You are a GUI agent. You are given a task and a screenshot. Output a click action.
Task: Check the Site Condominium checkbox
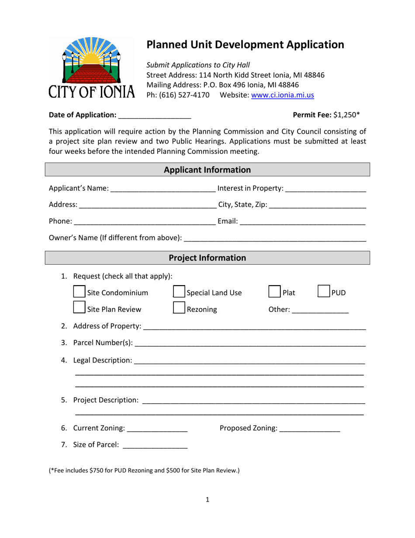coord(79,293)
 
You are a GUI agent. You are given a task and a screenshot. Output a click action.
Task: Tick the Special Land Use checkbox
coord(179,293)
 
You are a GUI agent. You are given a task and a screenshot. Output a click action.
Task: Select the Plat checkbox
coord(274,293)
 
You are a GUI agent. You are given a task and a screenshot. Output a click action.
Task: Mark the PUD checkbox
coord(324,293)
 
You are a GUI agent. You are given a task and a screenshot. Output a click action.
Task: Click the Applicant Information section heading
coord(207,170)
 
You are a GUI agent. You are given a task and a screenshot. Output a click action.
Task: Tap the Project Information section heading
coord(207,258)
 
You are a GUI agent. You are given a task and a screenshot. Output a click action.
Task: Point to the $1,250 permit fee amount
coord(346,115)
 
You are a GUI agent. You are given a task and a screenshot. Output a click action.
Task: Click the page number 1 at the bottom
coord(207,500)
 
